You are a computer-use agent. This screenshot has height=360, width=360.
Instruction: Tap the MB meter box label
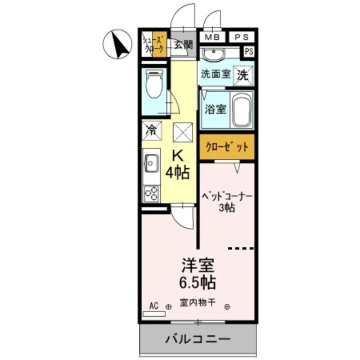(x=213, y=37)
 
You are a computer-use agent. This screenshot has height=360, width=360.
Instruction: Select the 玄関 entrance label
(x=182, y=44)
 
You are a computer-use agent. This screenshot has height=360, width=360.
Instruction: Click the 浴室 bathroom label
(x=216, y=109)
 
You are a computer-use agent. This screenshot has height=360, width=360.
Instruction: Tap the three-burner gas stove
(x=151, y=193)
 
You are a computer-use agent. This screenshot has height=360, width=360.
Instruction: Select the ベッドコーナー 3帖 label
(x=227, y=201)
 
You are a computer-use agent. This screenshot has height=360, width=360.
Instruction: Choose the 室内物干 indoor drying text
(x=197, y=303)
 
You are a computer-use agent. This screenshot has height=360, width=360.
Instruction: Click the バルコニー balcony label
(x=197, y=339)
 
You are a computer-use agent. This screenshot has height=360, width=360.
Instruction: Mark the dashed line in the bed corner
(x=240, y=247)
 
